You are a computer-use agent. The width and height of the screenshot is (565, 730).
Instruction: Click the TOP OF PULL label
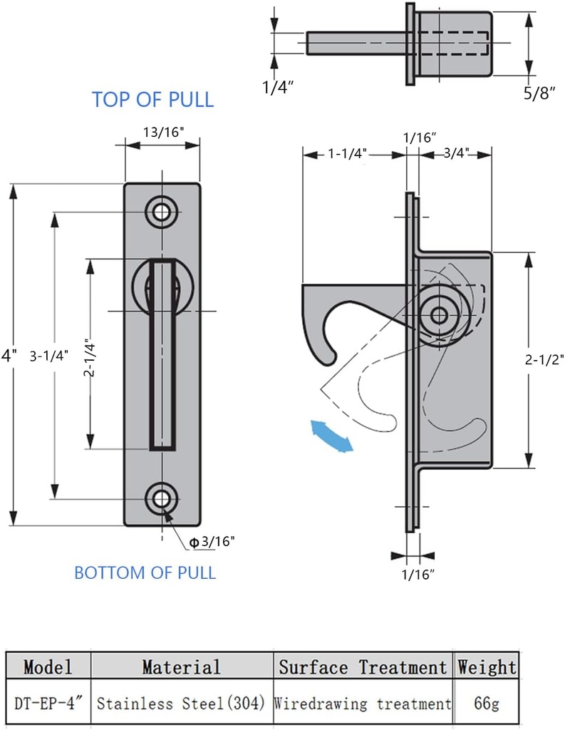(152, 99)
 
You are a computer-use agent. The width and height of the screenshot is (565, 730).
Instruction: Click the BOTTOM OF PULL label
(145, 572)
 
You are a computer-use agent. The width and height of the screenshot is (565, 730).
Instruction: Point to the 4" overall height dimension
(8, 354)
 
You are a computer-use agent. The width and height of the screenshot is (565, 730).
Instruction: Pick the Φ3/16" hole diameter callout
(212, 542)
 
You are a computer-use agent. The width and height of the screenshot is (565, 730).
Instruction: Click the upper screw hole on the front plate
(162, 212)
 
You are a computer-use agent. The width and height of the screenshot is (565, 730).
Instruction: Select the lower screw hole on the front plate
(162, 499)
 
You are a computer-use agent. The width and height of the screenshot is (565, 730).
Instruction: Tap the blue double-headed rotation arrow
(333, 436)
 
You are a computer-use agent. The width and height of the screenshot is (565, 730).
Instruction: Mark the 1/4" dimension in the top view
(279, 88)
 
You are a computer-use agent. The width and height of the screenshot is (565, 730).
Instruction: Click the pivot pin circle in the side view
(440, 314)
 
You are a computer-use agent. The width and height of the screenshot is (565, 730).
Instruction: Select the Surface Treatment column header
(362, 667)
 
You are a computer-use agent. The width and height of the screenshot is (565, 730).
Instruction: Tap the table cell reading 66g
(487, 704)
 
